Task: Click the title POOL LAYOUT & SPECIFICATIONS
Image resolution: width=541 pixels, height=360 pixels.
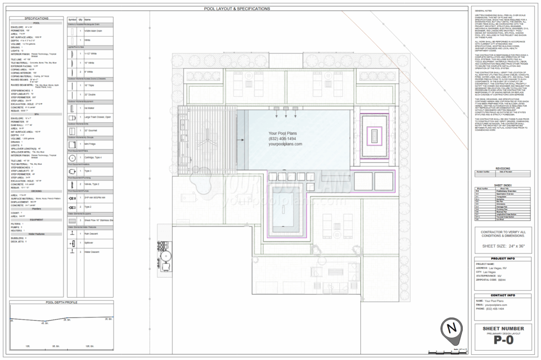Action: [237, 9]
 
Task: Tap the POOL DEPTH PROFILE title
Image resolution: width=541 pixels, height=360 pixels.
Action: [62, 303]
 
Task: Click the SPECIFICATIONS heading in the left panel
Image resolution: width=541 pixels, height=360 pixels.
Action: [36, 18]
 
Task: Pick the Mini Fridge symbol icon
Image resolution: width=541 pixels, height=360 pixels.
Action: [72, 143]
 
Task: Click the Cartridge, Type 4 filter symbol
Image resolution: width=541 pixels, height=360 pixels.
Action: [72, 157]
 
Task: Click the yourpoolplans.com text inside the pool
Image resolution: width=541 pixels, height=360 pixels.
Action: [285, 144]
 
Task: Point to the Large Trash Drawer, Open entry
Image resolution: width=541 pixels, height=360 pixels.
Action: [98, 117]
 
